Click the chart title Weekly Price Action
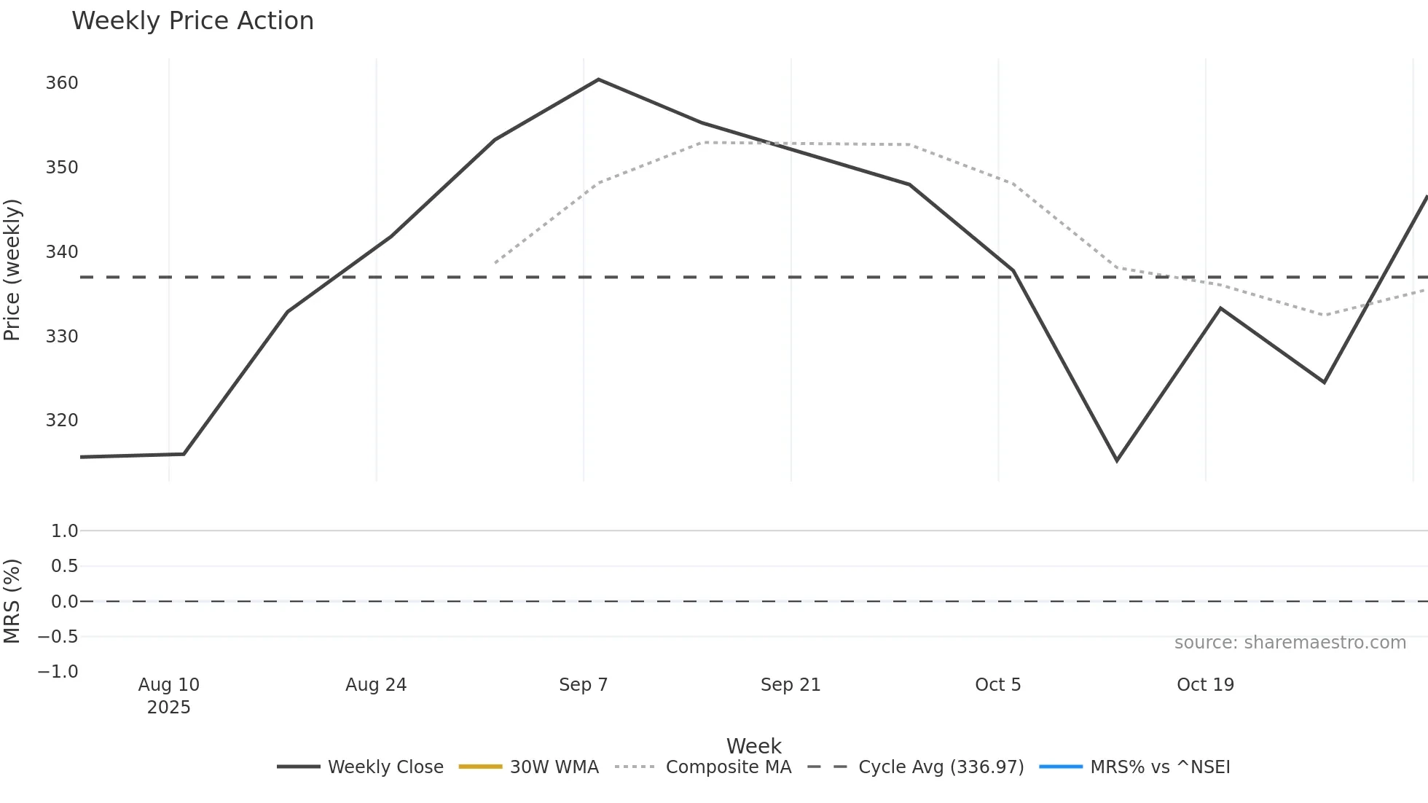tap(192, 21)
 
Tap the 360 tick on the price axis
tap(62, 83)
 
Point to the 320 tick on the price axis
tap(62, 420)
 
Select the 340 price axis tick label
tap(62, 252)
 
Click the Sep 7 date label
tap(583, 685)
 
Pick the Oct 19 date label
tap(1205, 685)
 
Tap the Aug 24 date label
tap(376, 685)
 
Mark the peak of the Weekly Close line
tap(598, 79)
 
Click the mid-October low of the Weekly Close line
tap(1117, 461)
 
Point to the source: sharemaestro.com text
tap(1290, 643)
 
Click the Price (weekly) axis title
tap(12, 270)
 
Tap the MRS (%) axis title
tap(12, 601)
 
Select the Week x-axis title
tap(753, 746)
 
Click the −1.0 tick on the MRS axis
tap(58, 672)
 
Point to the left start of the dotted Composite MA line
tap(495, 262)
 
